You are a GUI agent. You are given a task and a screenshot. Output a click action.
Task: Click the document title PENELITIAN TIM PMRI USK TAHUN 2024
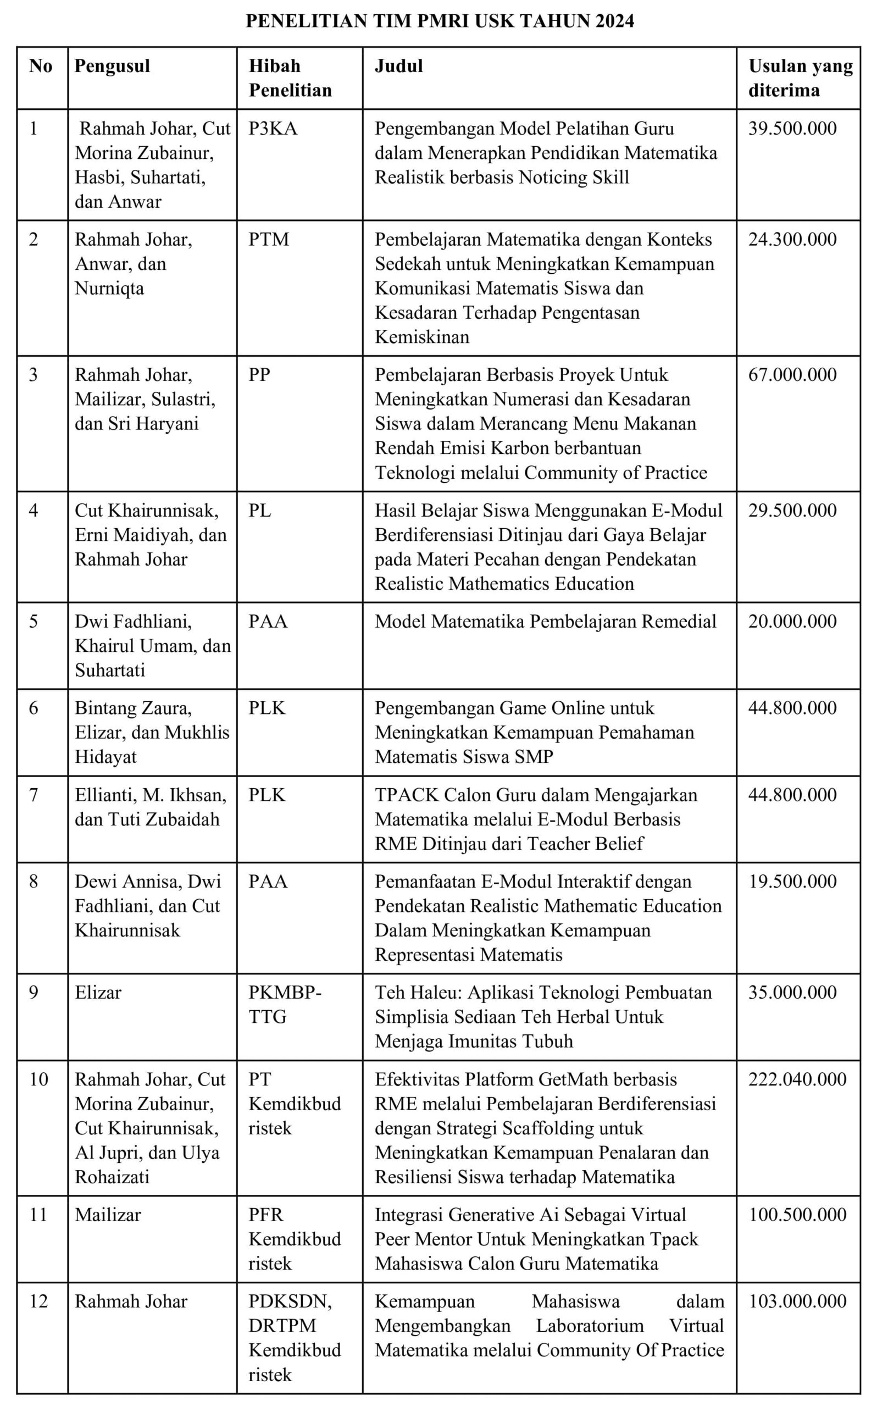point(440,21)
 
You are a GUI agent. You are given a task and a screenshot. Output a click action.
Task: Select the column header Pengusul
point(112,65)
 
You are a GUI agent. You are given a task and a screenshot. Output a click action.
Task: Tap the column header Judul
point(398,65)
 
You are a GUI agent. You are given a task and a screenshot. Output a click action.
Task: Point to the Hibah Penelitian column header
point(290,77)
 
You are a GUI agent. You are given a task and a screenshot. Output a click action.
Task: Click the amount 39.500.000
point(792,128)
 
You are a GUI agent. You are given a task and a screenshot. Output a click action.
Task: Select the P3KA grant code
point(273,128)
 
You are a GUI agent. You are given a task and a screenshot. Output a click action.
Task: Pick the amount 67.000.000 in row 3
point(792,375)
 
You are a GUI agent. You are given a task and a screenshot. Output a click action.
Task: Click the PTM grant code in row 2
point(269,240)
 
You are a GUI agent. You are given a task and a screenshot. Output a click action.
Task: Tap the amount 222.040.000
point(797,1079)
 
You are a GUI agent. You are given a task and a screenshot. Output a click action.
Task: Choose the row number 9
point(34,993)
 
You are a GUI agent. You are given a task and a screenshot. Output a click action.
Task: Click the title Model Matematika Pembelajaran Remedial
point(545,621)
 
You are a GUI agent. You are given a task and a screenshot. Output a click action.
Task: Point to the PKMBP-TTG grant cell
point(284,1005)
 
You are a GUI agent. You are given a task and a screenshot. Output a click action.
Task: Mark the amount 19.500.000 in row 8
point(792,882)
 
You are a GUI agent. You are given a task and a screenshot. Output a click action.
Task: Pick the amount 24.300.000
point(792,240)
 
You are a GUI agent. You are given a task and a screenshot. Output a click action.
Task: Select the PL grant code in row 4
point(260,511)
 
